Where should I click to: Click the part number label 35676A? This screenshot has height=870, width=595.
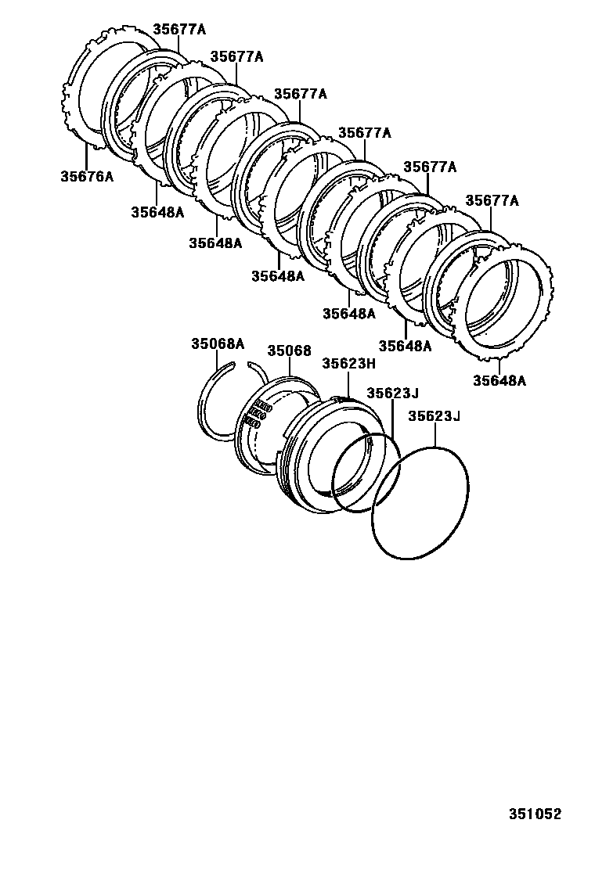pos(87,176)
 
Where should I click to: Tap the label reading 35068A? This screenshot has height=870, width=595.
pos(218,343)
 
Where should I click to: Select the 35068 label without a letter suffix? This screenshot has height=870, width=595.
pos(290,351)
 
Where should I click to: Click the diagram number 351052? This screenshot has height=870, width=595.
pos(536,814)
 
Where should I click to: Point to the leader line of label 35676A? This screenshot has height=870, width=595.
pos(85,156)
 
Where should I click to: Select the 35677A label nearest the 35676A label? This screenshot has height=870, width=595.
pos(179,29)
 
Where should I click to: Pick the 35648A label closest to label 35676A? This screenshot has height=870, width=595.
pos(157,211)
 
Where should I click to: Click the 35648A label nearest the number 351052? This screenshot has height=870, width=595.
pos(499,381)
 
